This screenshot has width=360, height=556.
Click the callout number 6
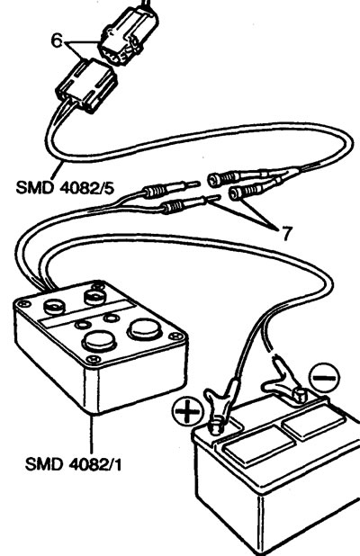click(57, 40)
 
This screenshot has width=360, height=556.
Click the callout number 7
click(286, 233)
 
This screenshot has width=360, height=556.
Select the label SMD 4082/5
click(65, 187)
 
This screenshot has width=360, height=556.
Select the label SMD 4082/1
click(74, 464)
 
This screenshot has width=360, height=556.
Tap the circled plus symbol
click(187, 412)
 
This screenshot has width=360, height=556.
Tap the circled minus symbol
click(324, 377)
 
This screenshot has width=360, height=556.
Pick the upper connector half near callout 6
click(129, 36)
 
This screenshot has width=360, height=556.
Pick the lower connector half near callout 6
click(86, 86)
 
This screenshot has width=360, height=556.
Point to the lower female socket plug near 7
click(253, 190)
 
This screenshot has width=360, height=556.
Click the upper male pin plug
click(170, 191)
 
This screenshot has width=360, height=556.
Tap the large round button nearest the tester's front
click(99, 340)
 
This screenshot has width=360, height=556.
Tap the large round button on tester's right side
click(145, 329)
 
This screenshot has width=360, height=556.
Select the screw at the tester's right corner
click(175, 336)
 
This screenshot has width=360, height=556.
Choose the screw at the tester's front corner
click(94, 359)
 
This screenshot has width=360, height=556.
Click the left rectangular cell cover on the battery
click(258, 446)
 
